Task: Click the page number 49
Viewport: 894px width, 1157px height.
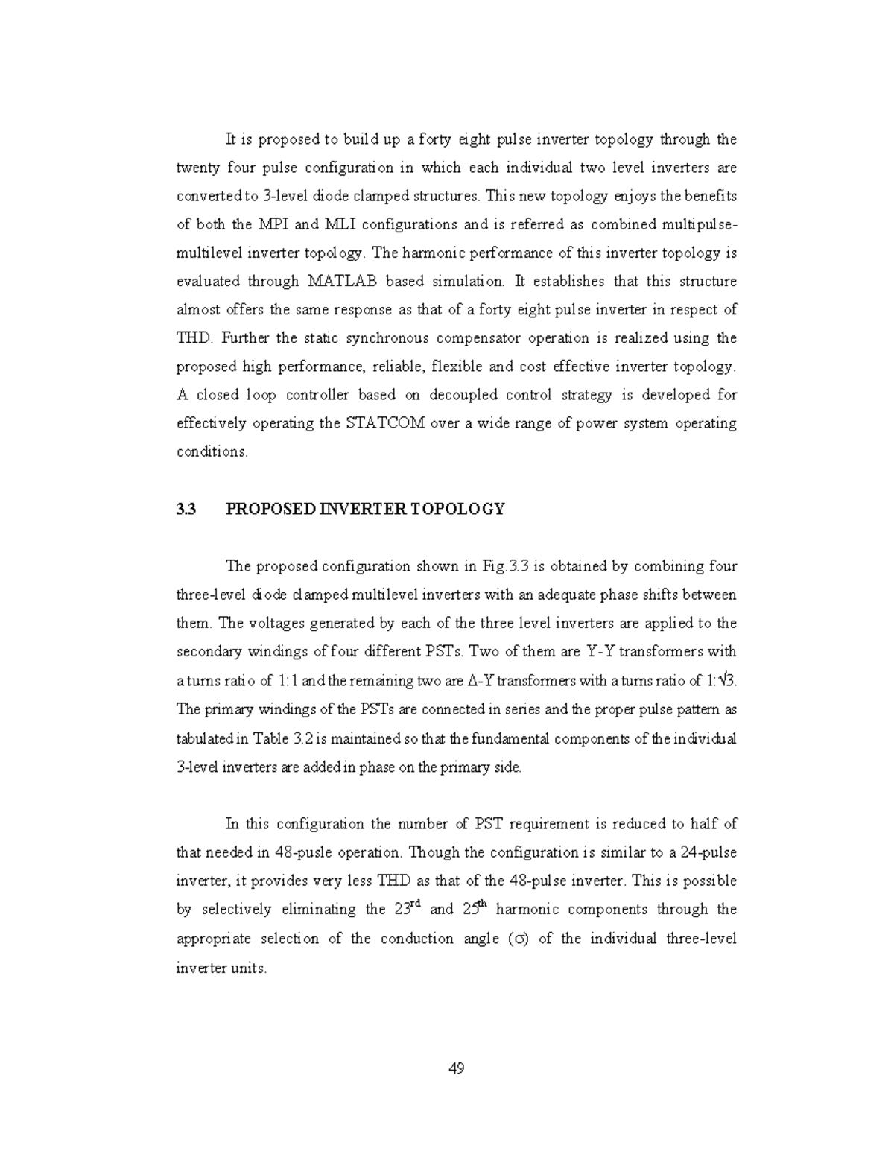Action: click(457, 1069)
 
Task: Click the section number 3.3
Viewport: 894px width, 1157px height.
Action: click(186, 509)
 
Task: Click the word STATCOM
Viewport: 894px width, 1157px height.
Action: click(386, 423)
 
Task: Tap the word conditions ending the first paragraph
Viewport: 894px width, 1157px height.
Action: click(212, 452)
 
